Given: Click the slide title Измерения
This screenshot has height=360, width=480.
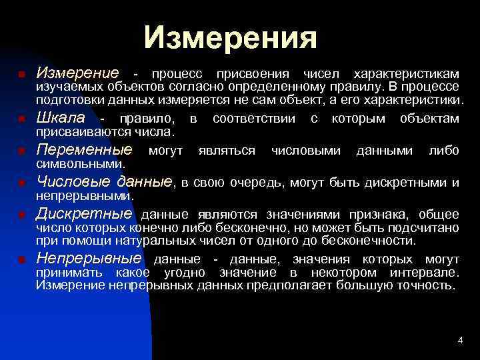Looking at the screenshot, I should point(231,37).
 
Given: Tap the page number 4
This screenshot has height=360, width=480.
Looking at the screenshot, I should point(460,341).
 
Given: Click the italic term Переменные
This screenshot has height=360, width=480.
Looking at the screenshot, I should point(84,149).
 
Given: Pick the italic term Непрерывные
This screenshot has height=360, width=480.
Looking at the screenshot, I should point(89,258).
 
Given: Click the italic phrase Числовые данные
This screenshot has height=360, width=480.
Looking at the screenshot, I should point(104,181).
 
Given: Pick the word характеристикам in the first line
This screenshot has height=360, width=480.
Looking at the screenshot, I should point(406,73).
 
